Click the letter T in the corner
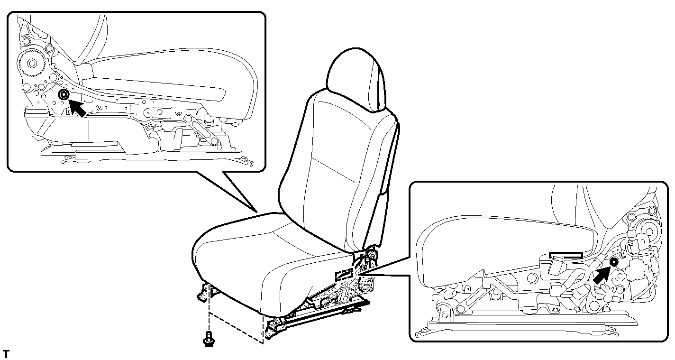point(6,354)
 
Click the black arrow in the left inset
point(77,108)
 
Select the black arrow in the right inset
point(602,275)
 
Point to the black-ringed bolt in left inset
point(64,95)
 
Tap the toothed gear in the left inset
point(31,63)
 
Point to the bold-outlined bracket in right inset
point(566,255)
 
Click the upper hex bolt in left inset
point(26,41)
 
